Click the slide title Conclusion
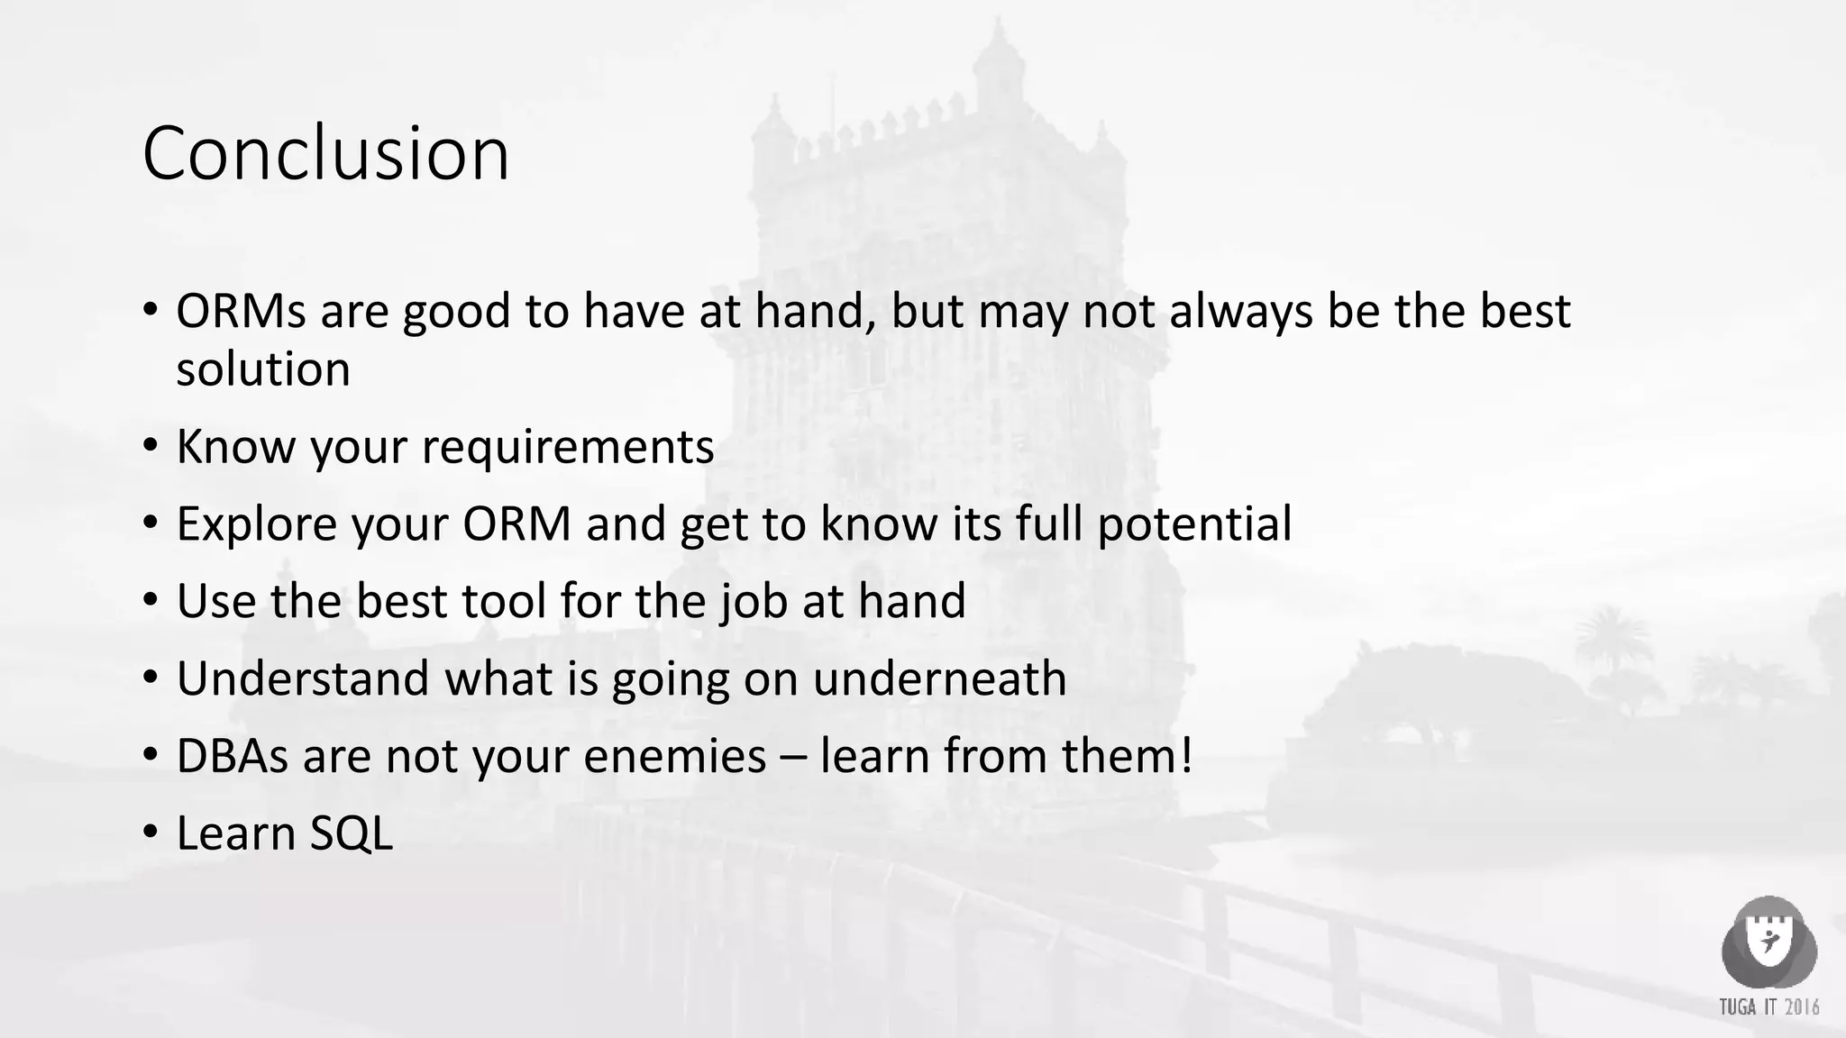(x=325, y=153)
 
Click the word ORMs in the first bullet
(x=240, y=311)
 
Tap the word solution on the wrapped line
(x=263, y=369)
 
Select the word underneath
(x=939, y=678)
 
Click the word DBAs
(x=233, y=756)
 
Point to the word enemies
(x=674, y=756)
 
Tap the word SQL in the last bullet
(x=352, y=833)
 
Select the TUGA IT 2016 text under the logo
(x=1768, y=1006)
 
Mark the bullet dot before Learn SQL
(x=151, y=833)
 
